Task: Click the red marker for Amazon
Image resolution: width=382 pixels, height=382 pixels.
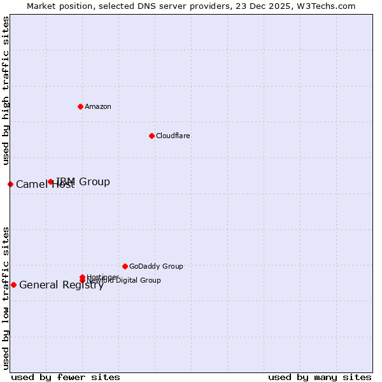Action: point(80,106)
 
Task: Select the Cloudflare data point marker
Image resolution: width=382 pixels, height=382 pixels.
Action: point(152,136)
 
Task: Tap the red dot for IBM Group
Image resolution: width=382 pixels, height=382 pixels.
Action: point(51,182)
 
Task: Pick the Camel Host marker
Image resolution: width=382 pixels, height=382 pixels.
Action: point(10,184)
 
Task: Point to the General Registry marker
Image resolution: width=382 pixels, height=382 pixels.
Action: point(13,285)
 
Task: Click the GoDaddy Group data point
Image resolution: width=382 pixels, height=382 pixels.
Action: point(125,266)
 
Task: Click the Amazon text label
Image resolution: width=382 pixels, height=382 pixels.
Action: point(97,106)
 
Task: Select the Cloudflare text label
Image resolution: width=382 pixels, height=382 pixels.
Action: point(173,136)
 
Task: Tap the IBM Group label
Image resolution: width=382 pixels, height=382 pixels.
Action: point(83,182)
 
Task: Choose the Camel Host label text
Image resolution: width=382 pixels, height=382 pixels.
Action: point(45,185)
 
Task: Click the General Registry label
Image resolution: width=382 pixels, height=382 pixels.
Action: point(61,285)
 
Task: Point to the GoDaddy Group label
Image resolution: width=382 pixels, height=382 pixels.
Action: point(156,266)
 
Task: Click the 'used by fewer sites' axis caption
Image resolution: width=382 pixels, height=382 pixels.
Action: point(66,377)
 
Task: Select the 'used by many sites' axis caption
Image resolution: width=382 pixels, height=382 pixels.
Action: point(320,377)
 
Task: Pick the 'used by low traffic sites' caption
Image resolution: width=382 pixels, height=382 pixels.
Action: point(6,297)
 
